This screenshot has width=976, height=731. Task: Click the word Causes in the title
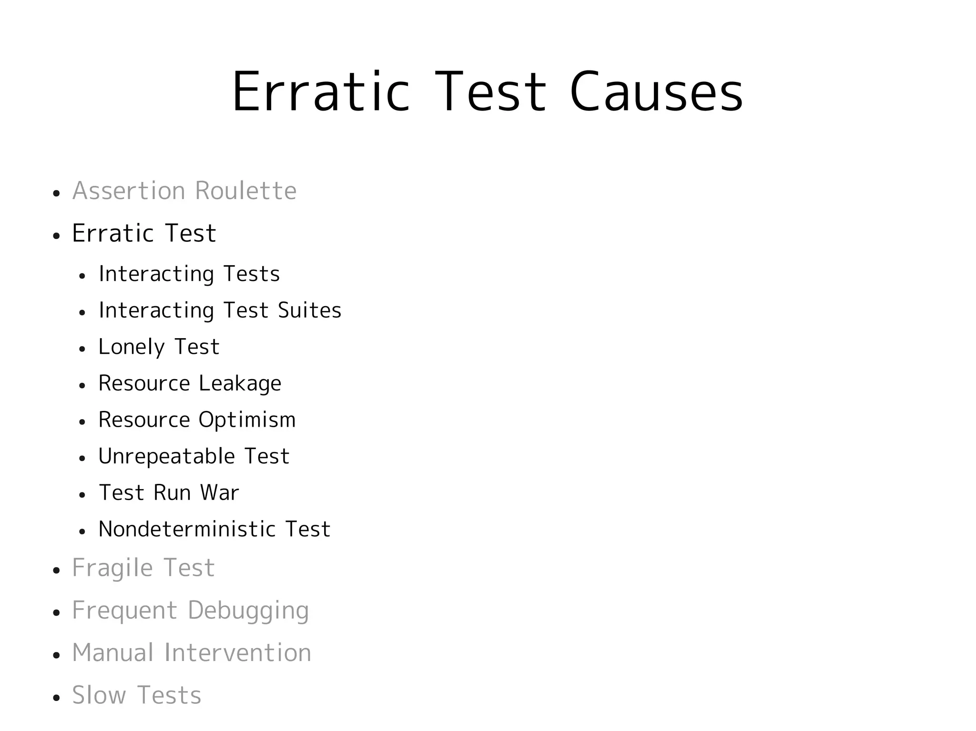click(656, 92)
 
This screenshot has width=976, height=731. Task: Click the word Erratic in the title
click(320, 92)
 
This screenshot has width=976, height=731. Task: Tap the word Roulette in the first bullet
click(245, 191)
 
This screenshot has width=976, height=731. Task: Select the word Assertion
click(129, 191)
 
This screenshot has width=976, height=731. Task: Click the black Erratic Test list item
click(144, 233)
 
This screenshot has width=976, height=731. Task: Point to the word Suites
click(310, 310)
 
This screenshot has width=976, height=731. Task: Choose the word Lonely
click(131, 347)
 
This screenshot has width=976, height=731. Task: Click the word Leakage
click(240, 383)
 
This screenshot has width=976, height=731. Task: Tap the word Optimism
click(247, 420)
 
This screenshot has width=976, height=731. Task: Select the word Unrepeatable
click(166, 457)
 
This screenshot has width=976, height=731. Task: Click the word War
click(219, 493)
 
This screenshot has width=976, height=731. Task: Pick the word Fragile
click(112, 568)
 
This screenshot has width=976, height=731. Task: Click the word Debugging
click(248, 611)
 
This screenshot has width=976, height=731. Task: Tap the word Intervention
click(237, 653)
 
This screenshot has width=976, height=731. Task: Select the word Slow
click(99, 695)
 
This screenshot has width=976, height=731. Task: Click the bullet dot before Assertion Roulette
click(57, 194)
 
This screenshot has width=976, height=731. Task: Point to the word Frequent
click(124, 611)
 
